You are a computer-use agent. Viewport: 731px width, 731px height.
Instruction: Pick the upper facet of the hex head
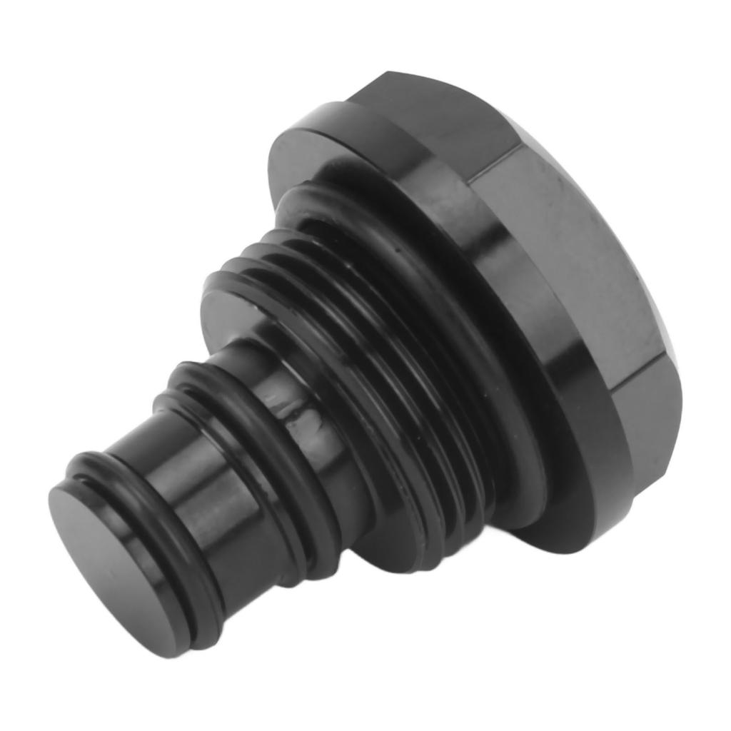click(443, 114)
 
